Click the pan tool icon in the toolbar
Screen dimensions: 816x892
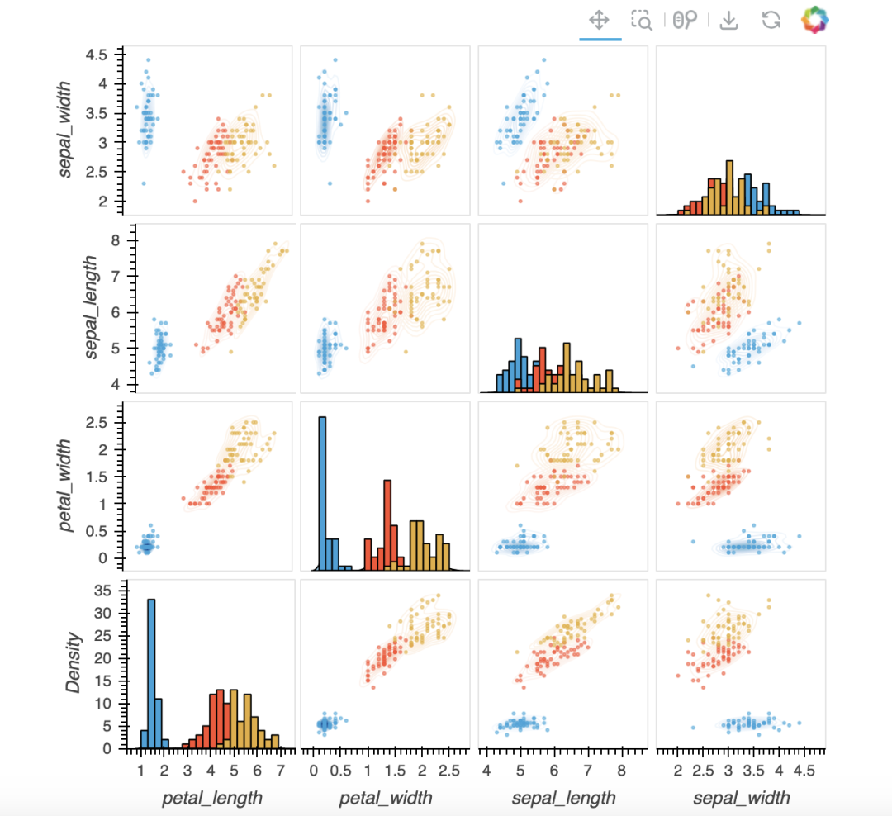600,20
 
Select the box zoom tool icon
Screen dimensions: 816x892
642,20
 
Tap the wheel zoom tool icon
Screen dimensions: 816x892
685,20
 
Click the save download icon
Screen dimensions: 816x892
728,20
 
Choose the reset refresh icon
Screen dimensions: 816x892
771,20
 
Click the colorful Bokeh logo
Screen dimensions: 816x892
814,20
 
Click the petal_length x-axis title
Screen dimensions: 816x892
212,797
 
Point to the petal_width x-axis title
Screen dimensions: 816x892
386,797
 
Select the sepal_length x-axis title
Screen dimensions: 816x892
564,797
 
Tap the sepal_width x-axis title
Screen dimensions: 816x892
741,797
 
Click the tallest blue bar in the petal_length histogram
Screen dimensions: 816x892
151,673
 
